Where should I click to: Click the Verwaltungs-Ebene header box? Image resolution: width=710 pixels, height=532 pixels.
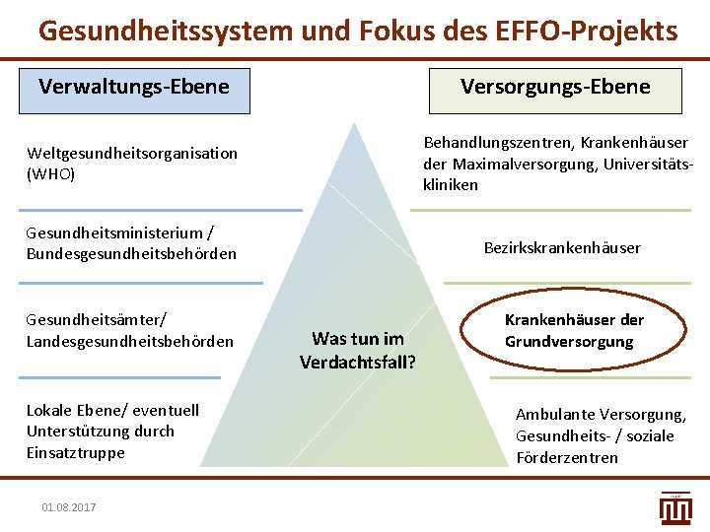[x=134, y=88]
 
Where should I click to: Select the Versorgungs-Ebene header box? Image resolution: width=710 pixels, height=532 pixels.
[x=555, y=88]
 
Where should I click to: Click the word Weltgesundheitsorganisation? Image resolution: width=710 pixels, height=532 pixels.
[x=132, y=153]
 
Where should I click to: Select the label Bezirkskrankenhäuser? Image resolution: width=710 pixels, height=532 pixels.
[x=562, y=247]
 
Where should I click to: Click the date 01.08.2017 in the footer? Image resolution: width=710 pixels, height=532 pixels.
[x=69, y=506]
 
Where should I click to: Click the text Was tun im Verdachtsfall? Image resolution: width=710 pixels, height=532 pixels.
[x=357, y=350]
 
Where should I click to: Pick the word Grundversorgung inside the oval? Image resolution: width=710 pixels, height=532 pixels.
[x=569, y=342]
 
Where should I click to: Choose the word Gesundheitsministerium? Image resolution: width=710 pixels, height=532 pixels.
[x=115, y=233]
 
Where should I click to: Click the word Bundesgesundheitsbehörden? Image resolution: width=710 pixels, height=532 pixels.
[x=132, y=254]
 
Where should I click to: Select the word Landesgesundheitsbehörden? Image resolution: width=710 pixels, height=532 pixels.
[x=130, y=341]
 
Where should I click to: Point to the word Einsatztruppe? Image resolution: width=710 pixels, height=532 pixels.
[x=76, y=453]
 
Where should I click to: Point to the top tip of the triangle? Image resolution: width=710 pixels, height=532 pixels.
[x=358, y=122]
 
